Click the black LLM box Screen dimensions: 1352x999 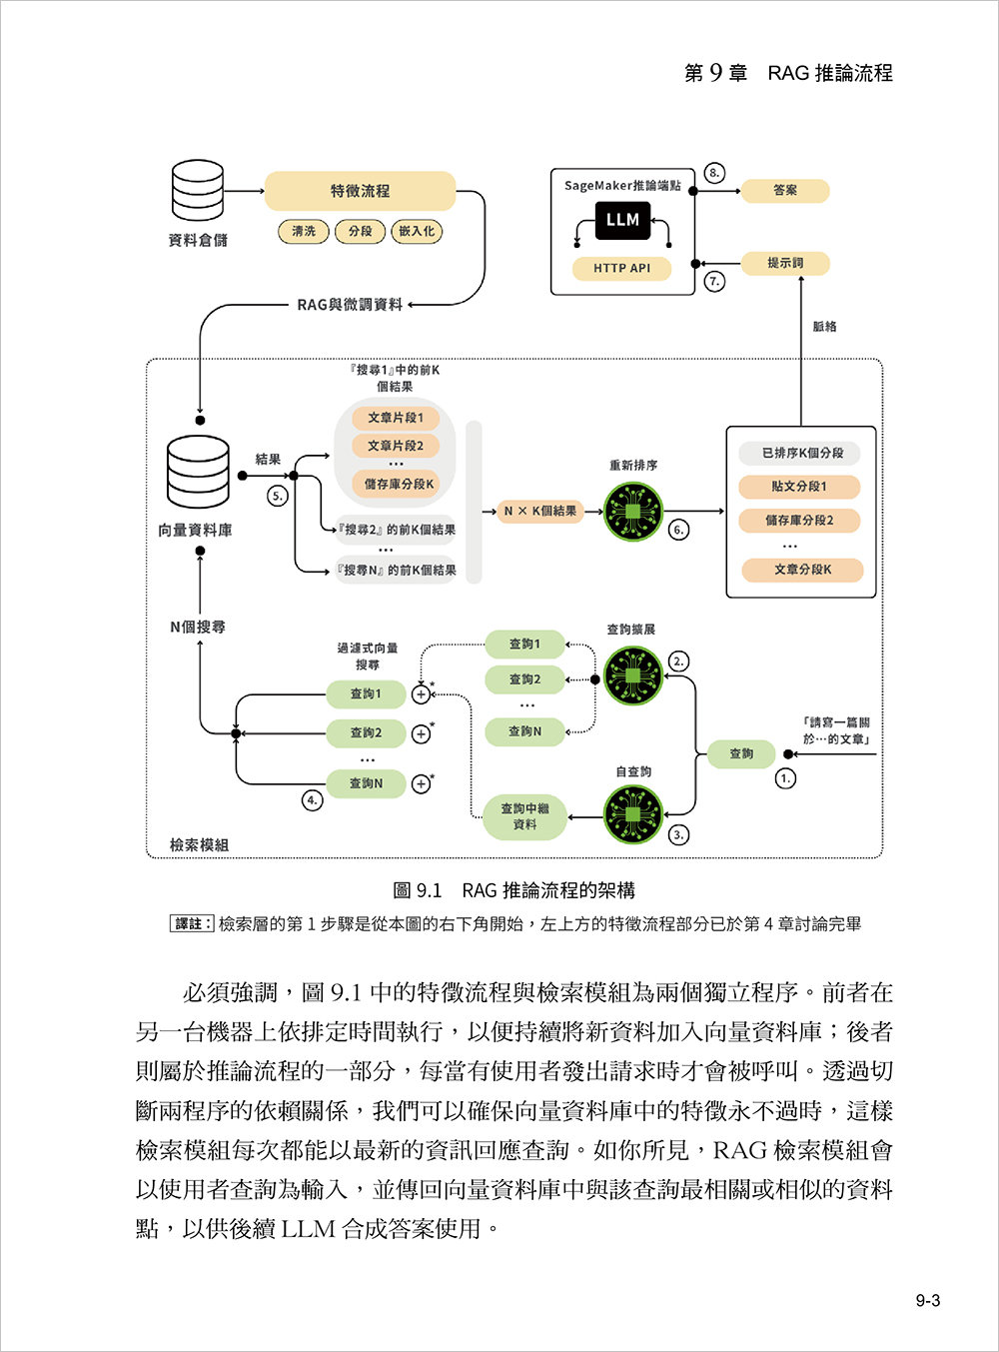tap(622, 220)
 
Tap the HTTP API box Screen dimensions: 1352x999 tap(621, 268)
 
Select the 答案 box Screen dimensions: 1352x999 tap(785, 190)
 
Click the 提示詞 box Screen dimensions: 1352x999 tap(785, 263)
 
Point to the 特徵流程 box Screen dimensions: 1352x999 tap(360, 191)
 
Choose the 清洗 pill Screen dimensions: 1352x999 tap(304, 231)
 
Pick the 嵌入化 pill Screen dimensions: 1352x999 tap(417, 231)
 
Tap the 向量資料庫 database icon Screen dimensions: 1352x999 tap(198, 472)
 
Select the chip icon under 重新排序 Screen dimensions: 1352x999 tap(633, 512)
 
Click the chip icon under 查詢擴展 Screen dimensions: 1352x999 tap(633, 676)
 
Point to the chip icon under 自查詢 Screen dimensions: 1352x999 tap(633, 814)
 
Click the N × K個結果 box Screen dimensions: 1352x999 tap(539, 512)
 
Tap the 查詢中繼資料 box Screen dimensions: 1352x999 tap(524, 816)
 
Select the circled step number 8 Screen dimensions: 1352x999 tap(714, 172)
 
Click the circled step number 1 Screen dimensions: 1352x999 tap(786, 777)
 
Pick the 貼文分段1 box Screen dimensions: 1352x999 tap(800, 487)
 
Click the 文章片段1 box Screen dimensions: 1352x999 tap(396, 418)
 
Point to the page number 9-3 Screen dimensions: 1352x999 tap(928, 1300)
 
